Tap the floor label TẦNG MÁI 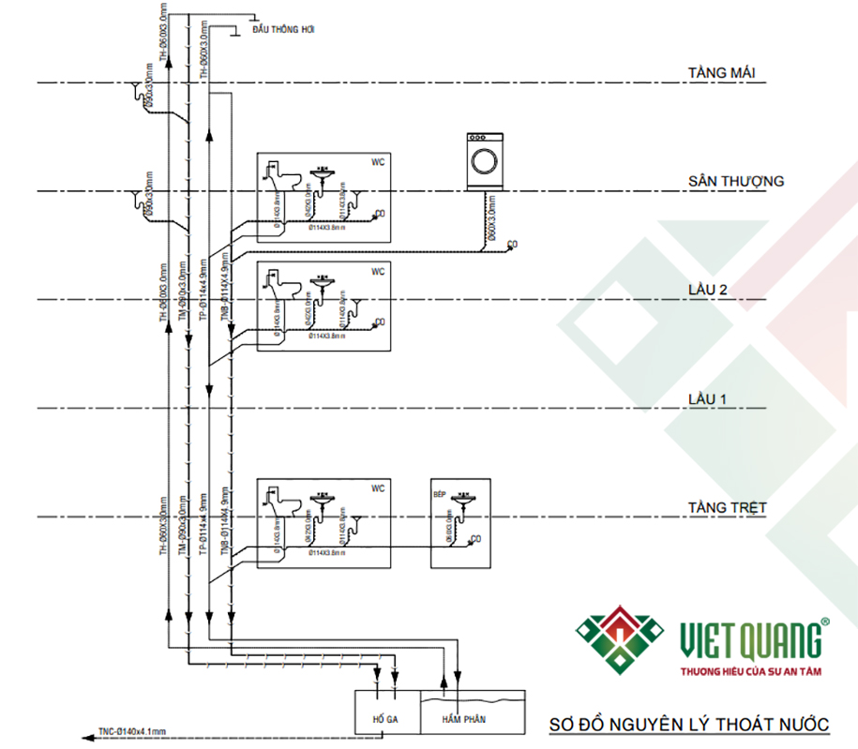721,72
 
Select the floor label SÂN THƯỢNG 735,181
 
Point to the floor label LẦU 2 708,290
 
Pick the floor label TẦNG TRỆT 727,508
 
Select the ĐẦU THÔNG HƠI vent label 283,30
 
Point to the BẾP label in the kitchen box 439,491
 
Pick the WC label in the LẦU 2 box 378,272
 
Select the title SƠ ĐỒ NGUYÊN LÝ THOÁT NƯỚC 689,725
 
